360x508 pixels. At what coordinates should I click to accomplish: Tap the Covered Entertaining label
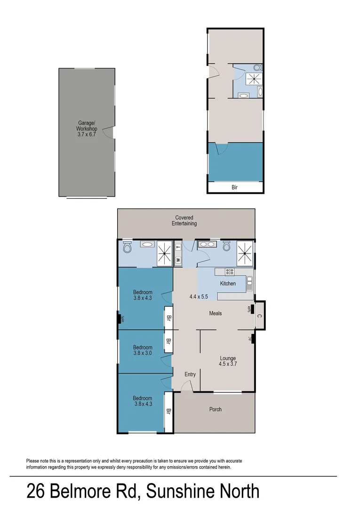click(x=184, y=221)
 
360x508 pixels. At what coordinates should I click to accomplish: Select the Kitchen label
click(x=228, y=284)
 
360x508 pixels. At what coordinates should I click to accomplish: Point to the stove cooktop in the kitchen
click(x=230, y=271)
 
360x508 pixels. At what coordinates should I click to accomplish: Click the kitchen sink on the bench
click(x=249, y=282)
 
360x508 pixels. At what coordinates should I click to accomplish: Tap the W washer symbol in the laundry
click(x=178, y=259)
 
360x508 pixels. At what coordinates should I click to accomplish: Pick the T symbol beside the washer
click(x=178, y=246)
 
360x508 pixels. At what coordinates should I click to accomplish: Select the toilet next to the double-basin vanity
click(x=226, y=246)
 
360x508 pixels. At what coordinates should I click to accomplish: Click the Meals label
click(x=215, y=313)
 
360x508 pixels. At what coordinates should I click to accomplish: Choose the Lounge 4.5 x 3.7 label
click(x=227, y=361)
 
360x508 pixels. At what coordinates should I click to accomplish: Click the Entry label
click(x=190, y=374)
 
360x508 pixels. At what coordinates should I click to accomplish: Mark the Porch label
click(x=215, y=409)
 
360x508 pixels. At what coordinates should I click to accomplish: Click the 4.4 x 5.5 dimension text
click(x=199, y=297)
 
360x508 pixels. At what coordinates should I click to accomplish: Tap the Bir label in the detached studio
click(x=235, y=187)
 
